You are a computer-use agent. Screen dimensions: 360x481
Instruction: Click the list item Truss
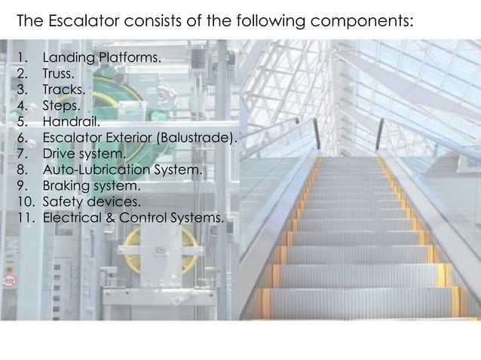point(58,75)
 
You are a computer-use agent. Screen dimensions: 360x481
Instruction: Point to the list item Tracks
point(61,91)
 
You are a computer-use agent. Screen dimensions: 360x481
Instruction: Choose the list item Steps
point(60,107)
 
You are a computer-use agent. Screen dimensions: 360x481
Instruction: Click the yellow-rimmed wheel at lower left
point(162,248)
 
